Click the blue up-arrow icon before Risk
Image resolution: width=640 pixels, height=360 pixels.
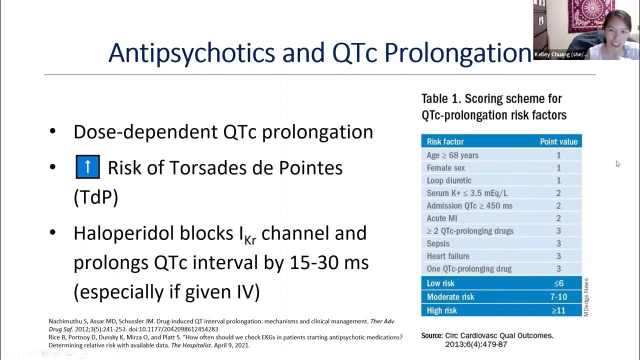tap(88, 167)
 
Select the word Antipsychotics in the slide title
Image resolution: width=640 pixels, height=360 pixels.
tap(191, 52)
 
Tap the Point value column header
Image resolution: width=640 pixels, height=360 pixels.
tap(558, 142)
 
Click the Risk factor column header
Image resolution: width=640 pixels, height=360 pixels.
tap(445, 142)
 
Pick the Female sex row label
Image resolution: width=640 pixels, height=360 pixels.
tap(445, 168)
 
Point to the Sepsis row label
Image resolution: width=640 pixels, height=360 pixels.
tap(438, 243)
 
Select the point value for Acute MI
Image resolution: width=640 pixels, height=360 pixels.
tap(558, 218)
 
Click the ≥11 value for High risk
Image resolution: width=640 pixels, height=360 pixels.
tap(558, 310)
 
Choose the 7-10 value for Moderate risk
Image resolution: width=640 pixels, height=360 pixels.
tap(558, 297)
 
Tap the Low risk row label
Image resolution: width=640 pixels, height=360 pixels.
tap(440, 283)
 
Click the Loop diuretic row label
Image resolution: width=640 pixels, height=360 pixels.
tap(449, 180)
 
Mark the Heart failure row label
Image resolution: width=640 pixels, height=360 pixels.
tap(448, 256)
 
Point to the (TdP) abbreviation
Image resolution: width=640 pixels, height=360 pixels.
tap(96, 197)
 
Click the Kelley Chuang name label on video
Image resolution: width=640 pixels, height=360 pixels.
tap(560, 54)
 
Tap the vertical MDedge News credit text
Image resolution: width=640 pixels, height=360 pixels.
tap(586, 297)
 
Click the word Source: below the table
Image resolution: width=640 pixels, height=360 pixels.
tap(432, 335)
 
